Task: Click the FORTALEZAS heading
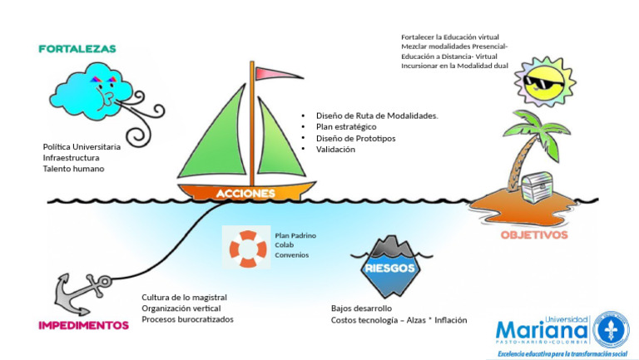[77, 49]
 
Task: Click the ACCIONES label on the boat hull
[245, 193]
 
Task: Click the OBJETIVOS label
[533, 234]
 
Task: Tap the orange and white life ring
[248, 249]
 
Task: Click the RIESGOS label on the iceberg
[389, 269]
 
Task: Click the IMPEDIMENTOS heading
[83, 325]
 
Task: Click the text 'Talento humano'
[73, 169]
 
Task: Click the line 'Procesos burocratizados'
[187, 319]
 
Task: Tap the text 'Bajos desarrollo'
[361, 308]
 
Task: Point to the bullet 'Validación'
[335, 150]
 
